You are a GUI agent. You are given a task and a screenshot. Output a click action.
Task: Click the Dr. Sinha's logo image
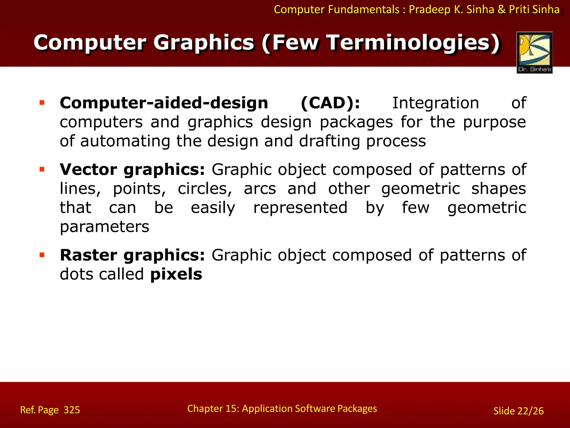tap(534, 52)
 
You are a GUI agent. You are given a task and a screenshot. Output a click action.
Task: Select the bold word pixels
tap(176, 274)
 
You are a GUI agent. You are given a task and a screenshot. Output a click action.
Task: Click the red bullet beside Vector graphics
tap(42, 169)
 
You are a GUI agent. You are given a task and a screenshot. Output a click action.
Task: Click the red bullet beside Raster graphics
tap(42, 255)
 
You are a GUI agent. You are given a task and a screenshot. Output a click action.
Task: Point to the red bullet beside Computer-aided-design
tap(42, 103)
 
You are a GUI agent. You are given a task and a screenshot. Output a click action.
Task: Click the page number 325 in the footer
tap(72, 410)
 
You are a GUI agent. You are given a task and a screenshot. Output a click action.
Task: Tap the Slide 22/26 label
tap(518, 411)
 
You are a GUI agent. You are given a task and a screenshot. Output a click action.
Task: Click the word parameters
tap(104, 227)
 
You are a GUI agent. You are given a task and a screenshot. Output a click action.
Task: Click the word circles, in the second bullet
tap(205, 189)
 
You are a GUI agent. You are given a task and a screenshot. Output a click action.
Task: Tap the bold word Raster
tap(89, 255)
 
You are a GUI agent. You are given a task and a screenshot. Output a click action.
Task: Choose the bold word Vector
tap(89, 170)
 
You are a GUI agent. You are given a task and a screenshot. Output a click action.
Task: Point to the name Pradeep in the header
tap(430, 10)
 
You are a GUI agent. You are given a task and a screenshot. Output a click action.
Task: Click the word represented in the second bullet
tap(300, 208)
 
